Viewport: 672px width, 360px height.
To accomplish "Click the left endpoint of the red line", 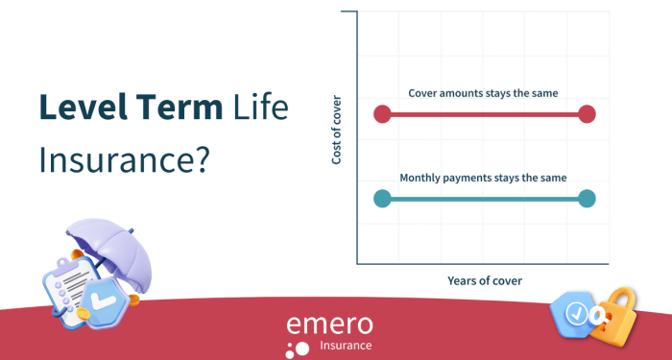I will (x=382, y=114).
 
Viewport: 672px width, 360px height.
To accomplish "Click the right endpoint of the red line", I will (x=588, y=114).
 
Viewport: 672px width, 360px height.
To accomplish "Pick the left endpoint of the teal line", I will (x=382, y=199).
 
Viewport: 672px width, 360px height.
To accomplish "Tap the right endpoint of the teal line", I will (x=588, y=199).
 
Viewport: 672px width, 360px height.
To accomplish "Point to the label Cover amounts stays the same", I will (x=483, y=93).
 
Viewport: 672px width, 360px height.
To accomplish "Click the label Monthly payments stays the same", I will (x=483, y=178).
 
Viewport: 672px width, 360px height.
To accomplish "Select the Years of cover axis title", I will (x=485, y=280).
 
